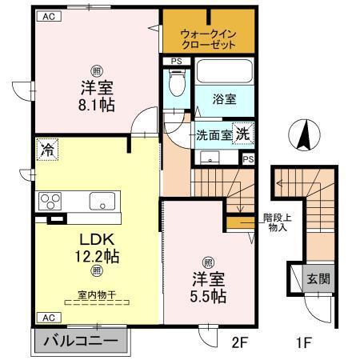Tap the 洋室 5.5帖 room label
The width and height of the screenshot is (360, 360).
(207, 288)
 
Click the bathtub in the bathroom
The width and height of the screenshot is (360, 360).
(224, 74)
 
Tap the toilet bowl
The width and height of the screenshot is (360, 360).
(177, 83)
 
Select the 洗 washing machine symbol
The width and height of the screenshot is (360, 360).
(242, 134)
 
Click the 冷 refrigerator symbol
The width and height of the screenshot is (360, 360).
(48, 149)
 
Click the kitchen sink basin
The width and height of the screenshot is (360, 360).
(102, 200)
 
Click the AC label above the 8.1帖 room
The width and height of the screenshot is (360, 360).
(49, 14)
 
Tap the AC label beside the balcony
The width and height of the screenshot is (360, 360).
(47, 318)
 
